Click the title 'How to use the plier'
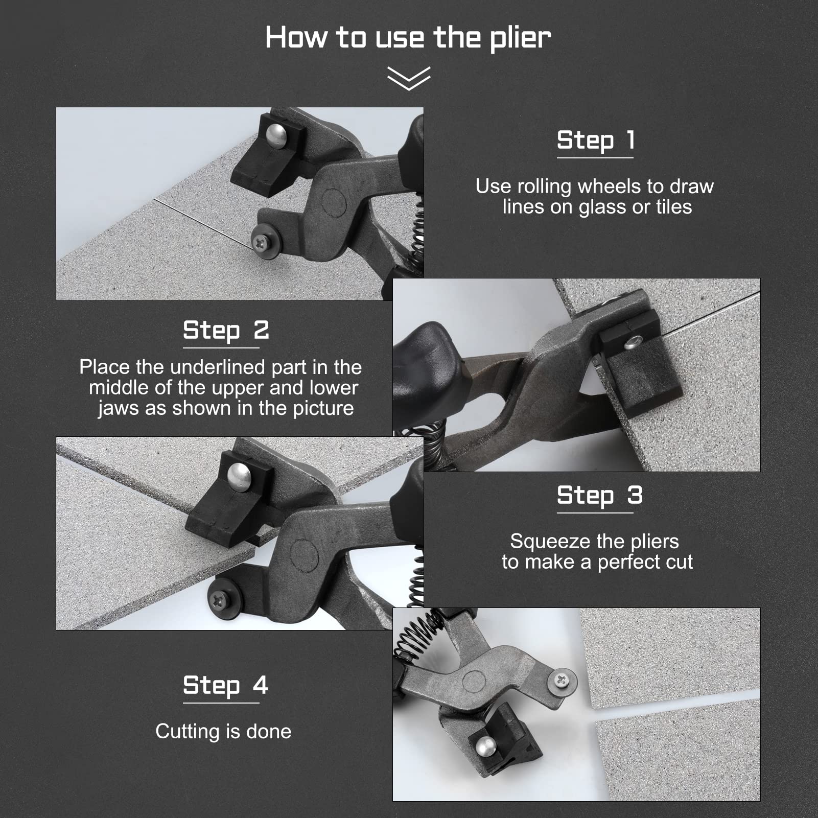[x=408, y=38]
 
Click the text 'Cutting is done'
[x=223, y=732]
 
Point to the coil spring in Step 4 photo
[x=416, y=636]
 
